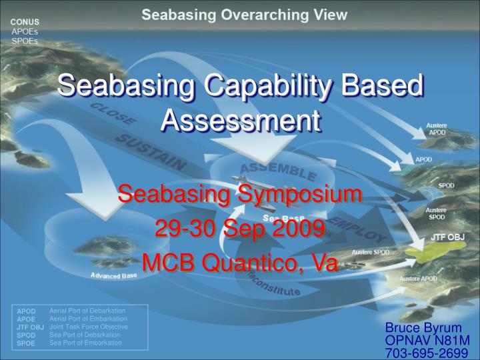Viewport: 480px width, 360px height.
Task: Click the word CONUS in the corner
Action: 25,21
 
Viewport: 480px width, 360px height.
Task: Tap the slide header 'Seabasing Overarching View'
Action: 244,14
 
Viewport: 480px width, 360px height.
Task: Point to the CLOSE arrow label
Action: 113,114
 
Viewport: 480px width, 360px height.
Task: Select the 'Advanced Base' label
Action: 114,275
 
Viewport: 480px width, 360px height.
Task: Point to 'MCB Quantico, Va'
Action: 240,262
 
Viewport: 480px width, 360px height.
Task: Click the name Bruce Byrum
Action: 423,327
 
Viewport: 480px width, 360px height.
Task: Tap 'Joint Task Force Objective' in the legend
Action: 89,327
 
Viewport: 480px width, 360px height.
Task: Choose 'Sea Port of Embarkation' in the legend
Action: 85,343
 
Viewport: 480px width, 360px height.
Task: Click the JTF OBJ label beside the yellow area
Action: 447,237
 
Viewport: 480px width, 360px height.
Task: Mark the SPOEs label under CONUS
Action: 25,41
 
